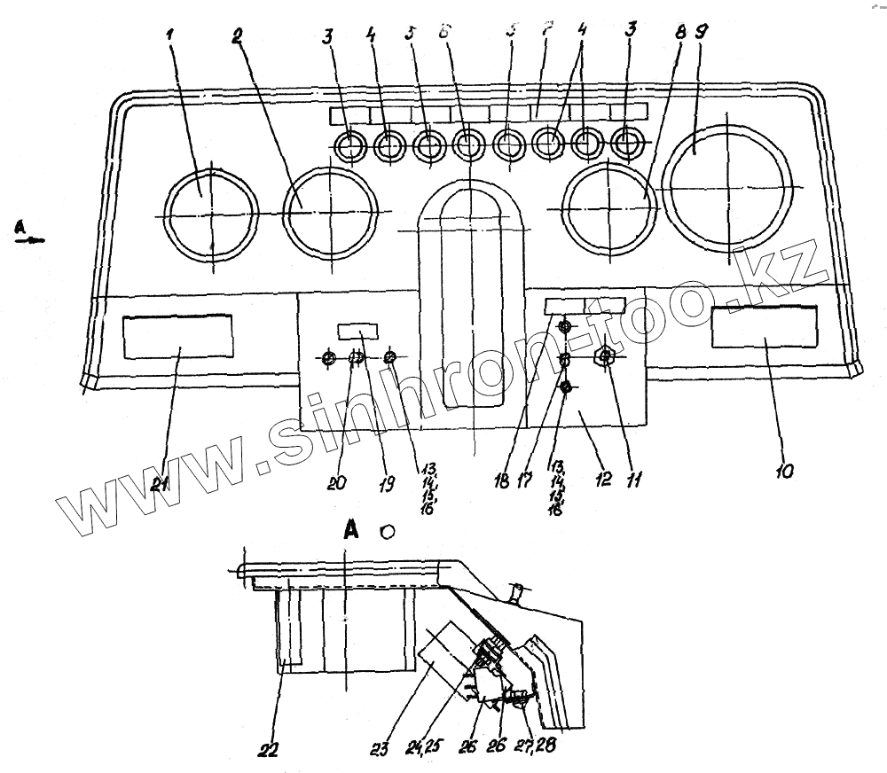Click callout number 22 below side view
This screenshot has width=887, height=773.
click(268, 749)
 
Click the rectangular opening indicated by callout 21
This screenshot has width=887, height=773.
click(177, 335)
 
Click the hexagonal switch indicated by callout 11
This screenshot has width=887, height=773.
click(605, 358)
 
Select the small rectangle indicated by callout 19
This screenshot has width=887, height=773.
click(357, 331)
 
